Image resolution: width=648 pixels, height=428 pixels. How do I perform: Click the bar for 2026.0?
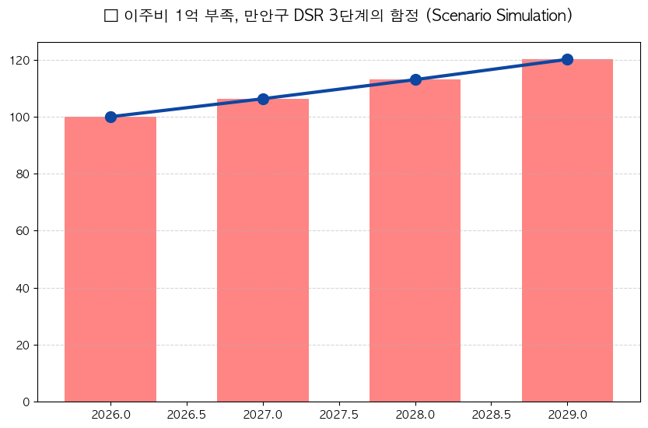[x=110, y=259]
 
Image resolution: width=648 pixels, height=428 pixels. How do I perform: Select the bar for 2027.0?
[x=263, y=250]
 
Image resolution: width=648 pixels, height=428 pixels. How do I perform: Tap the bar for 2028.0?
[x=415, y=240]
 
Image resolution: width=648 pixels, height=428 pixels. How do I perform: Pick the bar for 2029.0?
[x=567, y=230]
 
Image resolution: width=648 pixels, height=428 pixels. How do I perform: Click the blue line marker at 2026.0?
[x=110, y=117]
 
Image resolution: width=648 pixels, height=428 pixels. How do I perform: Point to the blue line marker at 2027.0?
[x=263, y=99]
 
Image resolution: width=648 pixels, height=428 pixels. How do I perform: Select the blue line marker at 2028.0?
[x=415, y=79]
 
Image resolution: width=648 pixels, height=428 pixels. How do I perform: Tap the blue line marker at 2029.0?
[x=567, y=59]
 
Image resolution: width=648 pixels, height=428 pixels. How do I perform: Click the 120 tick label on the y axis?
[x=20, y=60]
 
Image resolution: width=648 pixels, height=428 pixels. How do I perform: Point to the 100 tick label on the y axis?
[x=20, y=117]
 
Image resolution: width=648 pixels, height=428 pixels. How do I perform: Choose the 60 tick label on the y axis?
[x=23, y=231]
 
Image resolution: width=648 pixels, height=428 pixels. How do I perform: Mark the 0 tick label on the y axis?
[x=26, y=402]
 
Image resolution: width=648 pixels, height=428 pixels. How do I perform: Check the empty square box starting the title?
[x=110, y=16]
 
